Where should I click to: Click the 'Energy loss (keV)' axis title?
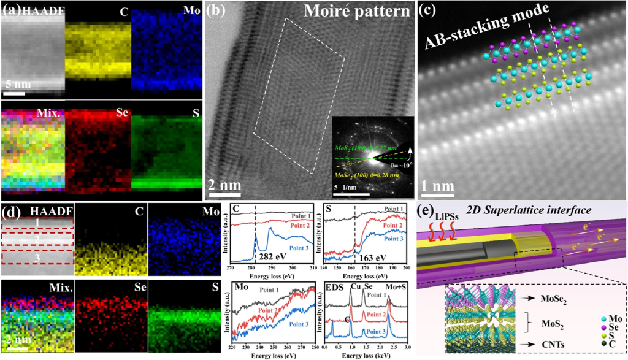(x=367, y=354)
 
